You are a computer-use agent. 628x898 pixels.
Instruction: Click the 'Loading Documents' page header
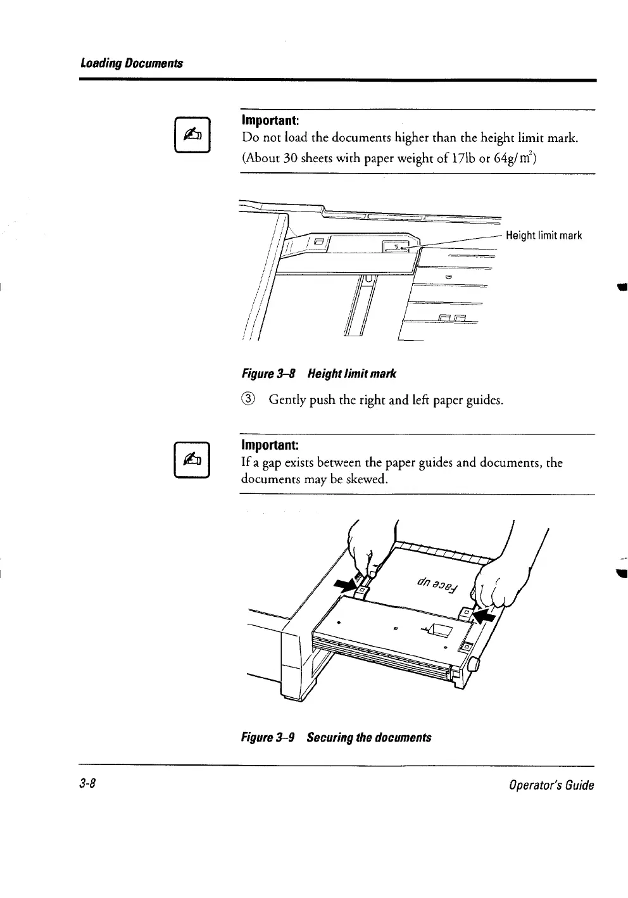[131, 63]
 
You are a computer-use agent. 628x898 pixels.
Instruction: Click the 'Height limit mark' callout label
[544, 236]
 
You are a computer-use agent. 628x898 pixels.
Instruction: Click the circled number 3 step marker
[249, 400]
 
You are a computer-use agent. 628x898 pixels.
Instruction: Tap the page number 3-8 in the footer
[87, 785]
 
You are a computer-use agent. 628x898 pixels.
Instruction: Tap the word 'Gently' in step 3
[288, 400]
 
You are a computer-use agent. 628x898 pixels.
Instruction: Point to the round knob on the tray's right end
[472, 665]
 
